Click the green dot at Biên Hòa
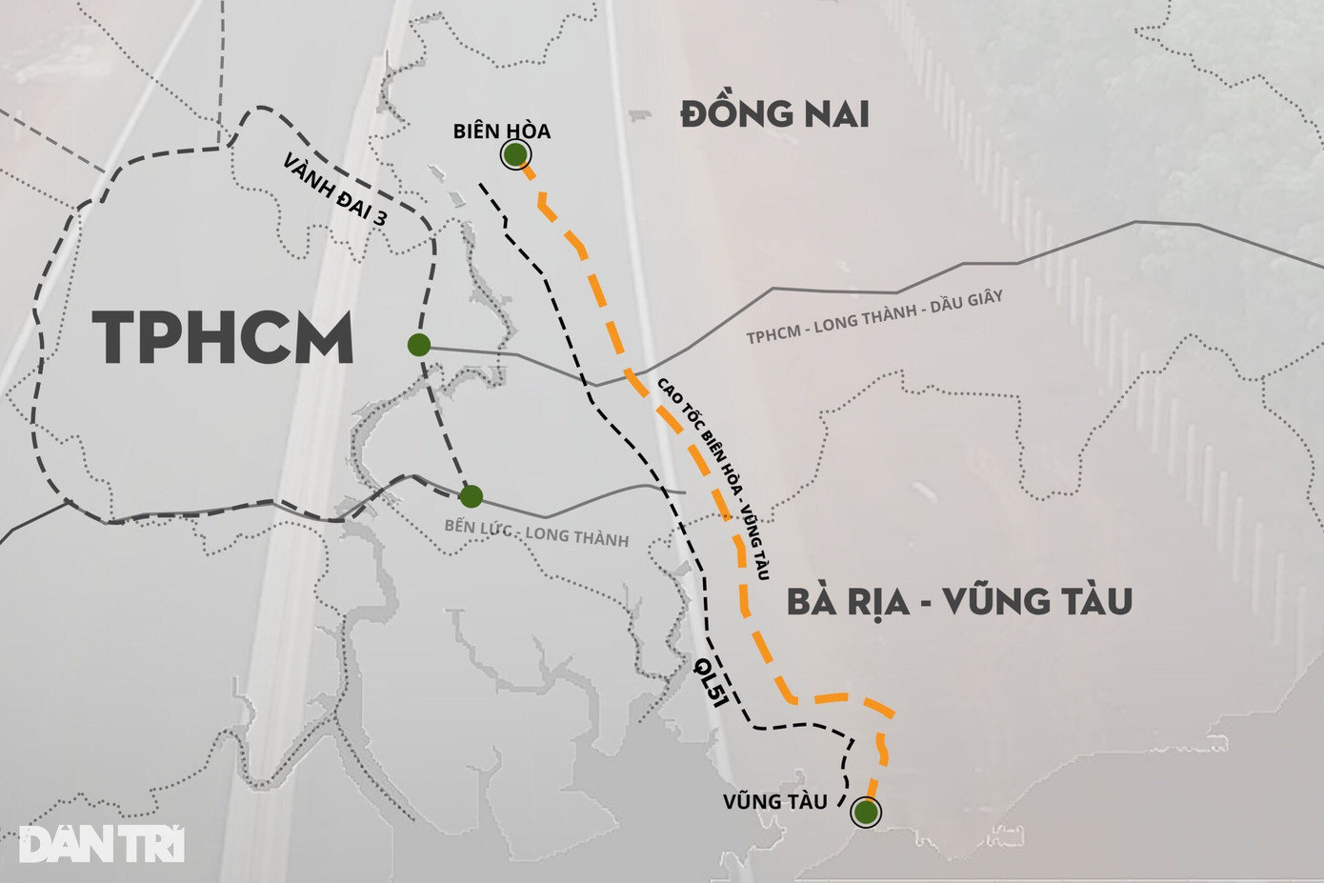[x=515, y=154]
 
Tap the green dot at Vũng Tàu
[x=866, y=813]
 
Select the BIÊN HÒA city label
[x=502, y=130]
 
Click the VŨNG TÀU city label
[x=773, y=801]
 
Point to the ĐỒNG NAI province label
[x=774, y=114]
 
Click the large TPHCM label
[x=223, y=338]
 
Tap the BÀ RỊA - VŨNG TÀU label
[x=959, y=602]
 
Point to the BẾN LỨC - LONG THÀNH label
[x=536, y=533]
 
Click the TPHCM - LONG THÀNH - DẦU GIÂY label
[x=873, y=318]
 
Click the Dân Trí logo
[x=102, y=844]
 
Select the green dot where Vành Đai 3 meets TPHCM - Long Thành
[x=418, y=345]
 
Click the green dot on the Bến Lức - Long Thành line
[x=471, y=496]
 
